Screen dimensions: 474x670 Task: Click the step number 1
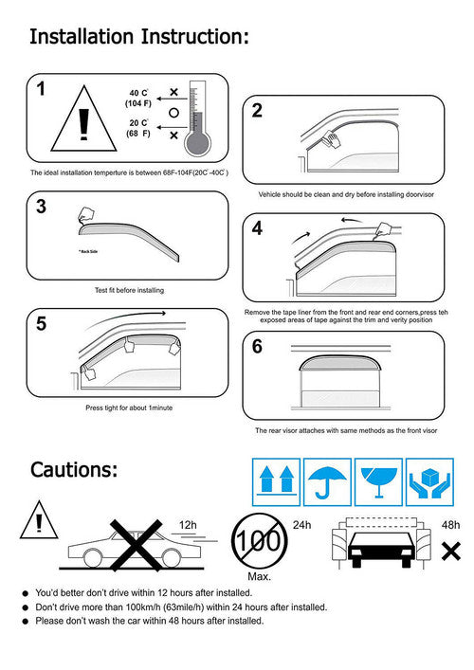coord(41,89)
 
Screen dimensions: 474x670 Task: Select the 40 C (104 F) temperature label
coord(138,98)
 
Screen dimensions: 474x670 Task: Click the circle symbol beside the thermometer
coord(173,113)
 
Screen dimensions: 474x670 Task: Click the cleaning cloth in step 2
coord(331,139)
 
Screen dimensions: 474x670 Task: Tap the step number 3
coord(41,207)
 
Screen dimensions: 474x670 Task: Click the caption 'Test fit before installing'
coord(129,290)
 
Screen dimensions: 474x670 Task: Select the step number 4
coord(257,228)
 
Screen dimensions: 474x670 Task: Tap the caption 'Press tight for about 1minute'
coord(129,407)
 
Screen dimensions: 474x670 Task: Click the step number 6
coord(257,346)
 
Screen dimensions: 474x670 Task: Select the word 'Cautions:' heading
coord(74,470)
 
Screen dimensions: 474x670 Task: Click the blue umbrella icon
coord(327,482)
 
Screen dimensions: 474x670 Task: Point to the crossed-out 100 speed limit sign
coord(259,540)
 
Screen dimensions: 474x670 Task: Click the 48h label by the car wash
coord(450,525)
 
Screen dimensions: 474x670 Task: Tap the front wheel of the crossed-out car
coord(171,558)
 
